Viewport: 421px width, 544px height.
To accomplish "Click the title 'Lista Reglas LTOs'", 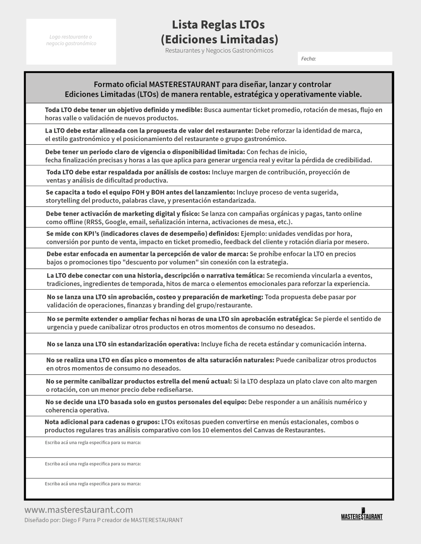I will [218, 25].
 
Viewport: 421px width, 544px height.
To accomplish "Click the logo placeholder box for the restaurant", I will [71, 41].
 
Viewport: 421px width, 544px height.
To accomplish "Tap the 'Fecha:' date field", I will [345, 59].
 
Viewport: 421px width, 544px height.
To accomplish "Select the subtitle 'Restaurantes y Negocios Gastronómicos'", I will [219, 51].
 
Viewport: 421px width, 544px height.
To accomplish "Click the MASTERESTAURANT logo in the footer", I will [361, 515].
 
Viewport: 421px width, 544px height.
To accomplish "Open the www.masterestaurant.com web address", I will [79, 510].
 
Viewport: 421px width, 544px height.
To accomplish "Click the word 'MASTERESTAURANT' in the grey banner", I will [184, 84].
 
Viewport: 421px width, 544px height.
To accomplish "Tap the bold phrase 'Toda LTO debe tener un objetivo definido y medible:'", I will [124, 110].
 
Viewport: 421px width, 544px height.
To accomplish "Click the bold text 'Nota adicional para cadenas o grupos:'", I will [102, 422].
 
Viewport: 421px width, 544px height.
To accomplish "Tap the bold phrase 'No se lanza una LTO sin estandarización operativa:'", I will [123, 344].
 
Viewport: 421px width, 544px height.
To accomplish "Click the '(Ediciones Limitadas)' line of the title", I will [219, 39].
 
